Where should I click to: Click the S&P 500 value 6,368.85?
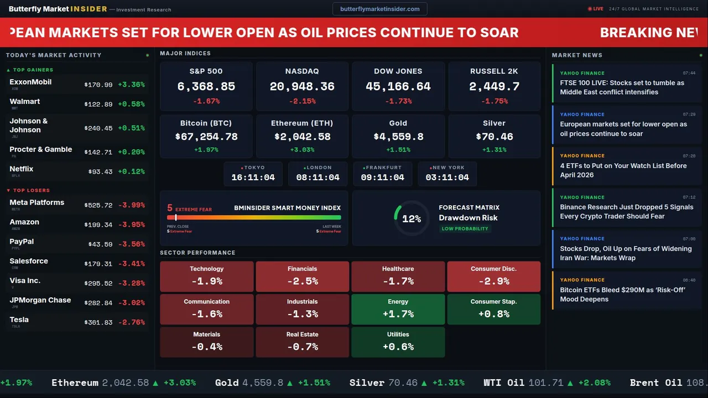tap(206, 87)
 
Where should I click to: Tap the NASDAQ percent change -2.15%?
tap(302, 101)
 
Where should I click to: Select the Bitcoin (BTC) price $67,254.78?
tap(206, 137)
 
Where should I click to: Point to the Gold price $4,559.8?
tap(398, 137)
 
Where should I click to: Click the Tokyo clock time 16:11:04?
tap(253, 177)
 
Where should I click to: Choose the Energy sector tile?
tap(398, 309)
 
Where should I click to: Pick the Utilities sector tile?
tap(398, 342)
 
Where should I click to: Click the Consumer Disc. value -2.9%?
tap(493, 281)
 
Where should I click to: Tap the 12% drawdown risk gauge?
tap(411, 219)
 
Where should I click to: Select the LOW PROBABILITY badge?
tap(465, 229)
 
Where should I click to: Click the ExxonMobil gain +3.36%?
tap(131, 85)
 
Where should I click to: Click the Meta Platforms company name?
tap(37, 202)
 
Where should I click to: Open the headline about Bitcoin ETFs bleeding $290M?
tap(622, 295)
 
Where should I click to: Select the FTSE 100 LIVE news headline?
tap(622, 87)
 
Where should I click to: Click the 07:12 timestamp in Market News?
tap(689, 197)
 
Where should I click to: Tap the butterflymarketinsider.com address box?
tap(380, 9)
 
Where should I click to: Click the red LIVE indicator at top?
tap(596, 9)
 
